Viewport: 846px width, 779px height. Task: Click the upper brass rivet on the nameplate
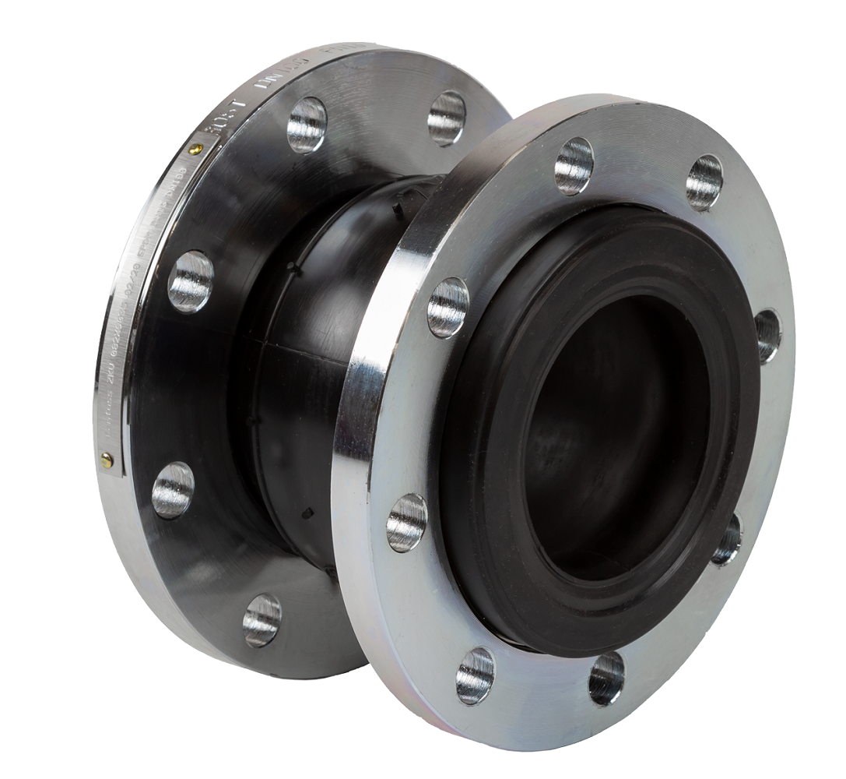tap(197, 149)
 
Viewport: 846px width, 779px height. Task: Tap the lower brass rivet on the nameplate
tap(107, 460)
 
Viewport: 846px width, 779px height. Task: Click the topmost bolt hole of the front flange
tap(574, 166)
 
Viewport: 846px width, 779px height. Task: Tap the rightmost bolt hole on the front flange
tap(766, 335)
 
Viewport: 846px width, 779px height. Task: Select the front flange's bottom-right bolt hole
tap(606, 677)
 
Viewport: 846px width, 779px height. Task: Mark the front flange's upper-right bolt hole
tap(704, 182)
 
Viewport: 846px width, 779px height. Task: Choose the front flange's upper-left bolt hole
tap(448, 307)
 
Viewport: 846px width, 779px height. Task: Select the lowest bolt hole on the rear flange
tap(262, 619)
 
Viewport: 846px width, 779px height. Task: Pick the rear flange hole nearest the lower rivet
tap(173, 489)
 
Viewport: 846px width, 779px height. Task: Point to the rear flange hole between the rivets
tap(191, 281)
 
